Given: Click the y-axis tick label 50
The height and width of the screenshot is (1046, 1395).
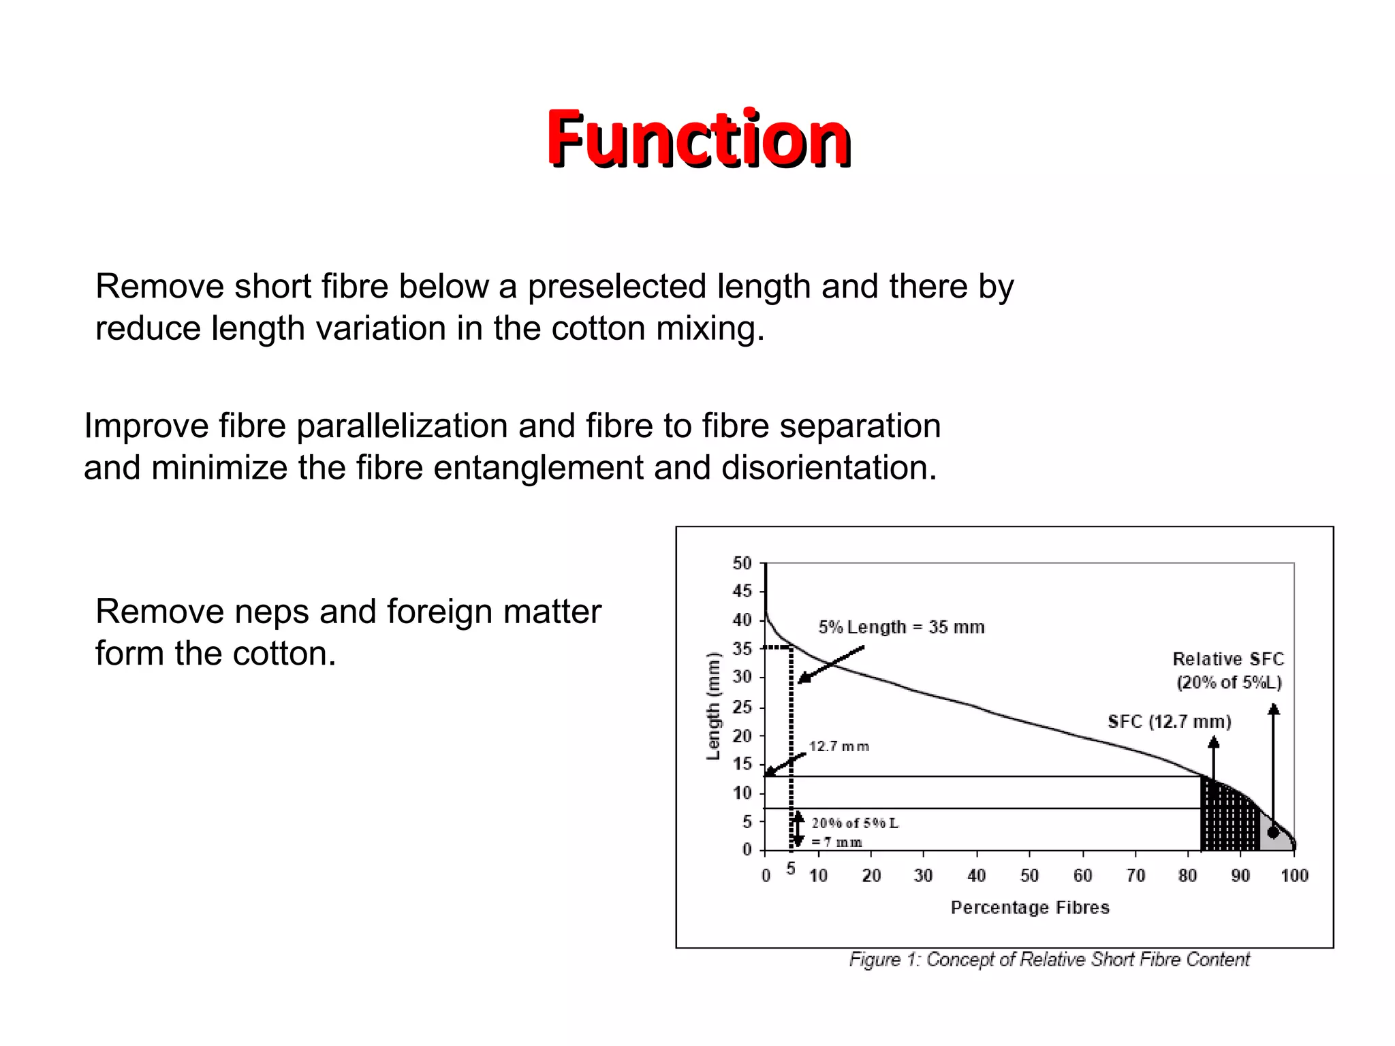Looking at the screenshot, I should click(x=742, y=564).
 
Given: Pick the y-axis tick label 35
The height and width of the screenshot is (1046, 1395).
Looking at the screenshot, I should click(x=742, y=649).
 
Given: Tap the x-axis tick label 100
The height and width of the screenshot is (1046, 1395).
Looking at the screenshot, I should click(x=1294, y=876).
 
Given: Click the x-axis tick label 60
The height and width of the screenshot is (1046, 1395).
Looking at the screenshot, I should click(x=1082, y=876).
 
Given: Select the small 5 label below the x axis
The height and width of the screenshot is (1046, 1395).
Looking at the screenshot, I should click(x=791, y=869).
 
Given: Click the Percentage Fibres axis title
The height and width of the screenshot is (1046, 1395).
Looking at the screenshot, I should click(x=1030, y=908).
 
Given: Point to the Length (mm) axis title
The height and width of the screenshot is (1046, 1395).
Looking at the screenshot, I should click(x=713, y=706).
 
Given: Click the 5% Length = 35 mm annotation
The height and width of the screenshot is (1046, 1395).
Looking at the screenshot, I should click(x=901, y=627).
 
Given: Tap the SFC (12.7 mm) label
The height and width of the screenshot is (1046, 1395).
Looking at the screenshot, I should click(x=1170, y=722).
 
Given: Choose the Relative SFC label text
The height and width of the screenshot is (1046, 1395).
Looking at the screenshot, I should click(x=1228, y=659).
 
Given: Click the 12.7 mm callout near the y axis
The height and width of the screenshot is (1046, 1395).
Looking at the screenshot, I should click(x=838, y=746).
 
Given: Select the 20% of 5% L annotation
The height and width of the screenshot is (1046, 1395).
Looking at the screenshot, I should click(x=855, y=823).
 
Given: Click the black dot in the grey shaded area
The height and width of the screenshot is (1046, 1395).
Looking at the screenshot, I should click(x=1273, y=833).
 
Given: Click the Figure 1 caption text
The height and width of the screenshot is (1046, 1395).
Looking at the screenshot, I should click(x=1049, y=960).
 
